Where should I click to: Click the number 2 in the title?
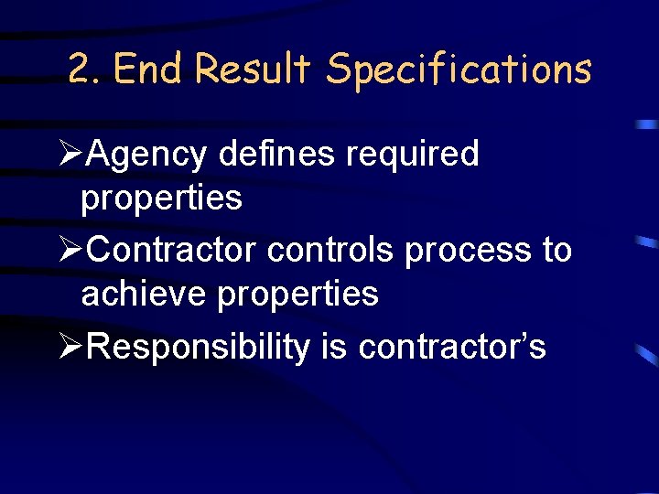click(x=80, y=70)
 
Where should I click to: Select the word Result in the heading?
click(x=254, y=70)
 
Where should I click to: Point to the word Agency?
click(x=146, y=156)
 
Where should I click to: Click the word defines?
click(x=276, y=154)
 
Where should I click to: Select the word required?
click(x=412, y=156)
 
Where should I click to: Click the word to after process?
click(x=556, y=250)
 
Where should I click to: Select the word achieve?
click(x=135, y=294)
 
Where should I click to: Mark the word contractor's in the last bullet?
click(x=452, y=348)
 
